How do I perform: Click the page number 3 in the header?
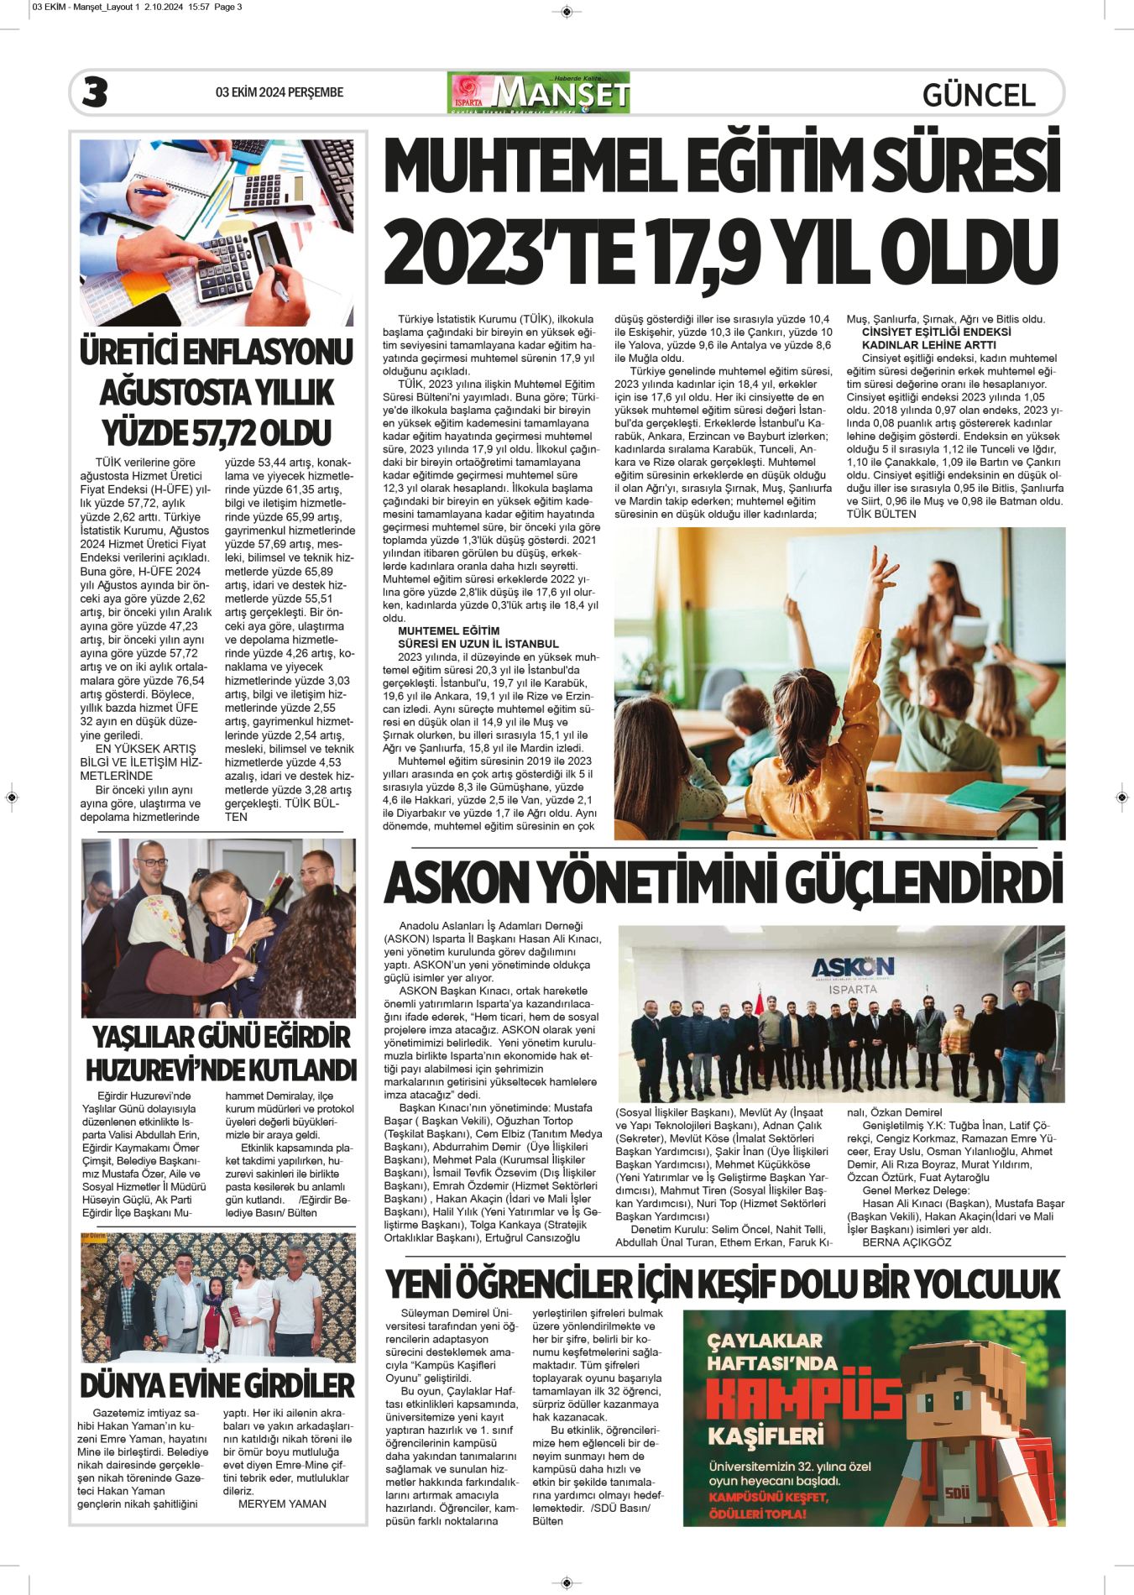coord(95,92)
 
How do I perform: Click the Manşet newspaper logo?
coord(539,92)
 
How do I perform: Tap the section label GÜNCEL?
coord(978,95)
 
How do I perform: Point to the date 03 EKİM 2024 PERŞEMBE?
coord(279,92)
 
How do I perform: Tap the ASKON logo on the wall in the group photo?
coord(852,967)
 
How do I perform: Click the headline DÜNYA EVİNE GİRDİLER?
coord(217,1385)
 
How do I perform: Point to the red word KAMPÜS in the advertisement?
coord(803,1398)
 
